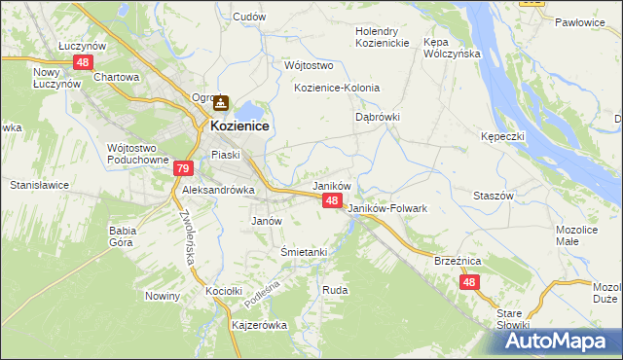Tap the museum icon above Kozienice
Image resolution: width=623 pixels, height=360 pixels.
pyautogui.click(x=221, y=101)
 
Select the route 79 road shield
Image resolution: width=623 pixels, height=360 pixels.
pyautogui.click(x=183, y=168)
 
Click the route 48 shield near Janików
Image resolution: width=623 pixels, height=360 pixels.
pyautogui.click(x=332, y=199)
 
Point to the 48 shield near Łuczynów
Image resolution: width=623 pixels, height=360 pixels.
pyautogui.click(x=83, y=62)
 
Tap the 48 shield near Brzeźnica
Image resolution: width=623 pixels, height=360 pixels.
pyautogui.click(x=470, y=281)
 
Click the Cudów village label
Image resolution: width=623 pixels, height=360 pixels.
pyautogui.click(x=249, y=17)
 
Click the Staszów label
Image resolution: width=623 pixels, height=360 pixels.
pyautogui.click(x=493, y=195)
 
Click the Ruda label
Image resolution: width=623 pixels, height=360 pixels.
pyautogui.click(x=335, y=290)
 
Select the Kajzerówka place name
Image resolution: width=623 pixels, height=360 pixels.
pyautogui.click(x=257, y=325)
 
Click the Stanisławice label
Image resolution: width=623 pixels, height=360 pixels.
pyautogui.click(x=36, y=184)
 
